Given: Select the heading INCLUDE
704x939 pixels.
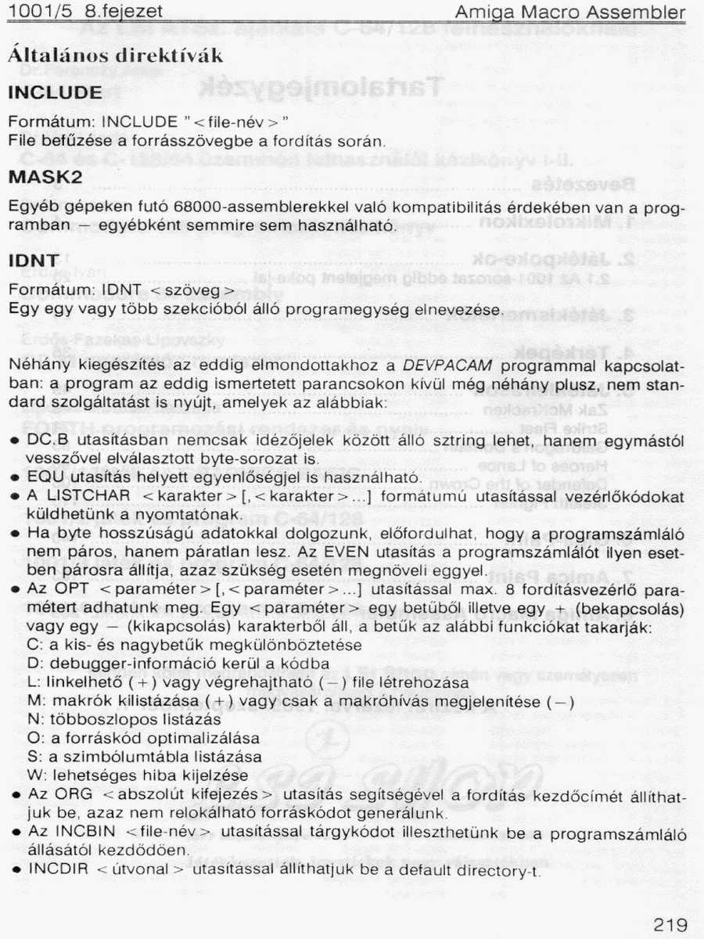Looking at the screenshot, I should tap(55, 93).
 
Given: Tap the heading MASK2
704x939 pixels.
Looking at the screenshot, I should tap(45, 178).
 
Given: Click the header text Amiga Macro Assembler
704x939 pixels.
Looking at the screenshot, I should tap(570, 13).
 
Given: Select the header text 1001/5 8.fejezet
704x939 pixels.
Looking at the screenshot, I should tap(85, 13).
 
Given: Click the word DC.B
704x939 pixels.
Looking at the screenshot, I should tap(45, 441).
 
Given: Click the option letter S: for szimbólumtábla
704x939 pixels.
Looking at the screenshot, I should tap(33, 757).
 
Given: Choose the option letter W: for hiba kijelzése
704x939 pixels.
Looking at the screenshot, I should tap(34, 775).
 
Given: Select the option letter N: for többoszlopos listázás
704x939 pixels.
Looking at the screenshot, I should tap(34, 719).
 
